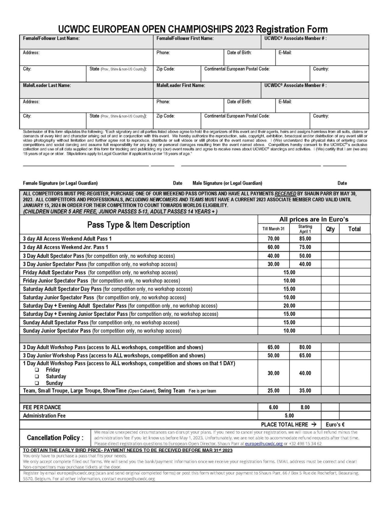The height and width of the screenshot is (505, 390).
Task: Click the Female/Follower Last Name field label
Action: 51,38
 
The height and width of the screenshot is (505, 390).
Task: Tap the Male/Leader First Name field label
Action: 180,85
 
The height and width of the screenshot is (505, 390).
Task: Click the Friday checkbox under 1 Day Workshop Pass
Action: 37,370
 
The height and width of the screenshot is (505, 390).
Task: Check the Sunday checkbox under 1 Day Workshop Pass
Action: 37,383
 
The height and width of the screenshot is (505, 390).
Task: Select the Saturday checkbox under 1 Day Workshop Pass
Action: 37,376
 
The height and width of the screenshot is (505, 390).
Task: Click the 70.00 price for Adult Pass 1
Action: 273,239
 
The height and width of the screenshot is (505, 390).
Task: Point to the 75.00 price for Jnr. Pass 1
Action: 305,247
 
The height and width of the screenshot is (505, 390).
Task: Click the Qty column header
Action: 330,229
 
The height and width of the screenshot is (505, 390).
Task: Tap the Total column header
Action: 354,229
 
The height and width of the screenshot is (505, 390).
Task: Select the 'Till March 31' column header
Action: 273,229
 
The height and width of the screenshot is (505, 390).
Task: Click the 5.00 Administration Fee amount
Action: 289,416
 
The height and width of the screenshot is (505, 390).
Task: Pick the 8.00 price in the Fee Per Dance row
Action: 305,407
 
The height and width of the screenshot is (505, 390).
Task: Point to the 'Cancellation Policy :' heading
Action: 55,438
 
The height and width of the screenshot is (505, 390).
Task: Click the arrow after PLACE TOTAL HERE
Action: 314,424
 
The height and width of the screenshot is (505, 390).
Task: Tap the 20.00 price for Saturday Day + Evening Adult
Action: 289,306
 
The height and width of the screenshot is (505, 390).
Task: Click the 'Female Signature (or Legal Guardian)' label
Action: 60,183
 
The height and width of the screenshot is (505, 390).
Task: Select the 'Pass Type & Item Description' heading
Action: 138,225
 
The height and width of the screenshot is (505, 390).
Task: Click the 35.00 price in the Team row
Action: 305,391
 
